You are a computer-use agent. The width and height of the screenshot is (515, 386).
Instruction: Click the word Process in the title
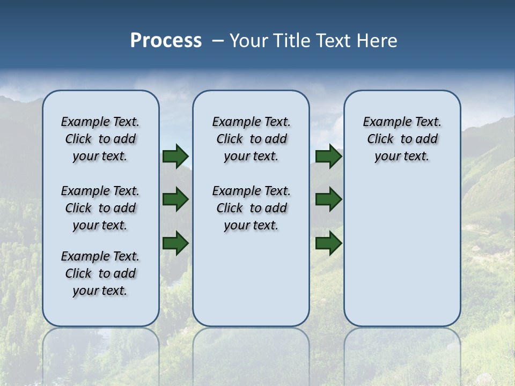[166, 41]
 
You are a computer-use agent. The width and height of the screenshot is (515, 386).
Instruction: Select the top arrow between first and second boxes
[175, 157]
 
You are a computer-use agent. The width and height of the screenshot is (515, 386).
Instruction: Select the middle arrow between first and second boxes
[175, 200]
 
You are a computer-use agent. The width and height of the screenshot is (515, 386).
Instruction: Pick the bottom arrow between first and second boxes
[175, 243]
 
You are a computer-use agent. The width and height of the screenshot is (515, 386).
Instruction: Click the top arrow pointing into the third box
[329, 157]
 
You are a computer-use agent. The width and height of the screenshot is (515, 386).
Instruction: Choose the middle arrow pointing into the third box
[329, 200]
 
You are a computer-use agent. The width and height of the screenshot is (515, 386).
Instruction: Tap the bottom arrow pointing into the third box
[329, 243]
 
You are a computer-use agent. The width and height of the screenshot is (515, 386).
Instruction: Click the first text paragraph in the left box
[100, 139]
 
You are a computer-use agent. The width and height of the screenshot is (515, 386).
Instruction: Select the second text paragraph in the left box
[100, 208]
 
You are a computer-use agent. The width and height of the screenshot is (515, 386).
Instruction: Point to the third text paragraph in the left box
[100, 273]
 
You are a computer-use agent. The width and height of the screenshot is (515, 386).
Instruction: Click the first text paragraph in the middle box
[251, 139]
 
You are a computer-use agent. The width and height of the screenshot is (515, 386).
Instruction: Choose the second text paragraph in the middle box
[251, 208]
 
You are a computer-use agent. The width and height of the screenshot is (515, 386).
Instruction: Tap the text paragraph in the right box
[402, 139]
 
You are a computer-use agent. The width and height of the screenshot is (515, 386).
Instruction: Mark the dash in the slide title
[218, 41]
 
